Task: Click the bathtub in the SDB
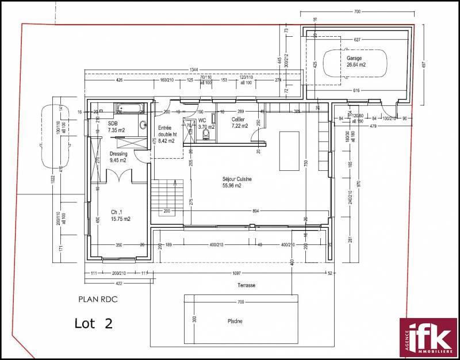(x=126, y=108)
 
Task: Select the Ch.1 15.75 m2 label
(x=120, y=216)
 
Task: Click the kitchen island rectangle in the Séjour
(x=289, y=151)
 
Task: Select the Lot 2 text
(x=94, y=323)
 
